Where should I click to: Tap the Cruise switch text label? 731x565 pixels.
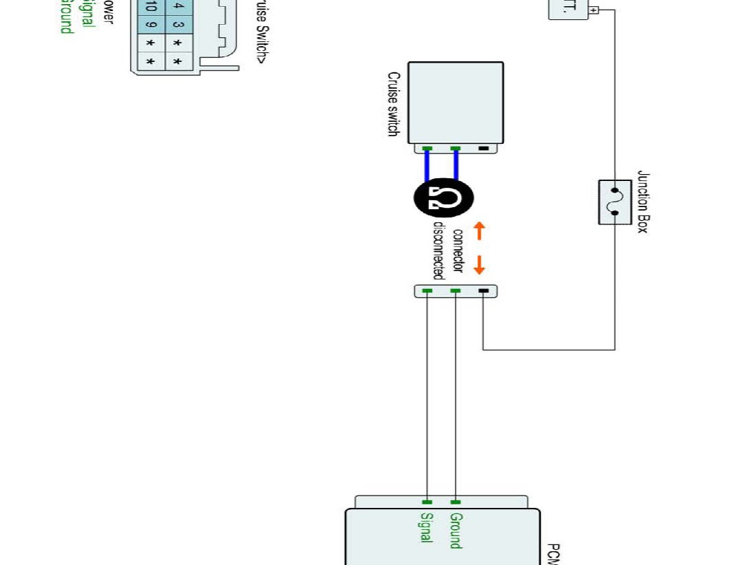[x=393, y=104]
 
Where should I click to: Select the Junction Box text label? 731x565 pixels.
[x=642, y=202]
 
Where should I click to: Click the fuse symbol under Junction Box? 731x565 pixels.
[x=615, y=202]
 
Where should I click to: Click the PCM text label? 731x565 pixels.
[x=553, y=554]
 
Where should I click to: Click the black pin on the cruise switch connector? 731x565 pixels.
[x=483, y=149]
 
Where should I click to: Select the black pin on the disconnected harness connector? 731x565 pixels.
[x=483, y=291]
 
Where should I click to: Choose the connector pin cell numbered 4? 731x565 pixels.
[x=178, y=6]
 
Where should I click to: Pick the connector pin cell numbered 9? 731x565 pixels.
[x=151, y=25]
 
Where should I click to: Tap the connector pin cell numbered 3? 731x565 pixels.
[x=178, y=25]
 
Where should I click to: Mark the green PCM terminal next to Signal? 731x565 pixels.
[x=427, y=502]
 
